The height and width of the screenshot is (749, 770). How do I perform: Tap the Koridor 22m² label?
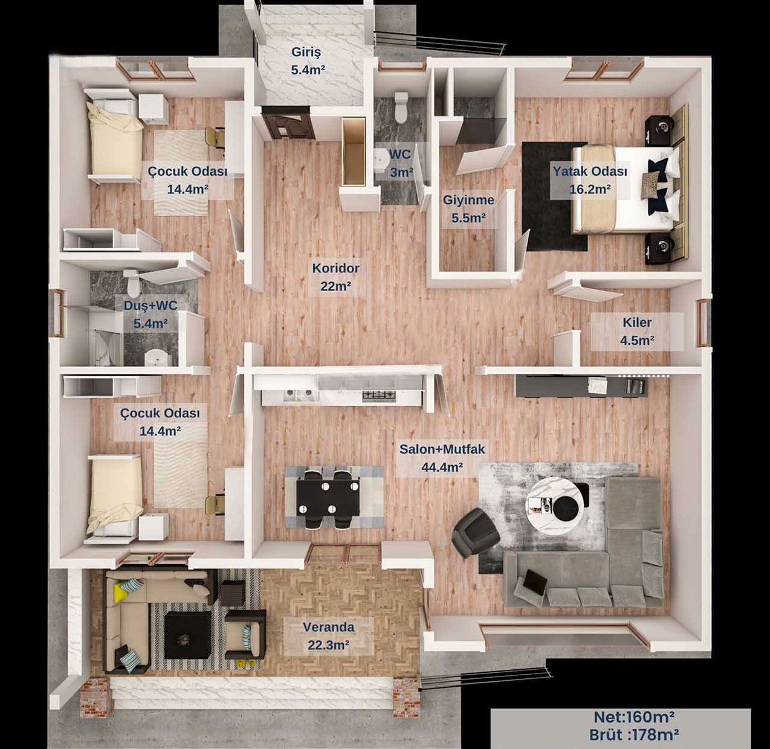tap(335, 277)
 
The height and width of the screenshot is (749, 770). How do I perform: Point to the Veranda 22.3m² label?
tap(328, 636)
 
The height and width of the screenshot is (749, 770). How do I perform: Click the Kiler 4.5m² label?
tap(637, 331)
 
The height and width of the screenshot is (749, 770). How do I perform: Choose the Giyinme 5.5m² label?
tap(468, 208)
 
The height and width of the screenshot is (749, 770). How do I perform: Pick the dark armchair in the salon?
tap(475, 533)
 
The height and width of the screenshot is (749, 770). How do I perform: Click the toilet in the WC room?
tap(401, 107)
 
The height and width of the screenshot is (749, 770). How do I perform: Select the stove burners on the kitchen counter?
tap(379, 394)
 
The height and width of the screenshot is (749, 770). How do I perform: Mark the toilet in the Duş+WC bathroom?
tap(133, 281)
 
